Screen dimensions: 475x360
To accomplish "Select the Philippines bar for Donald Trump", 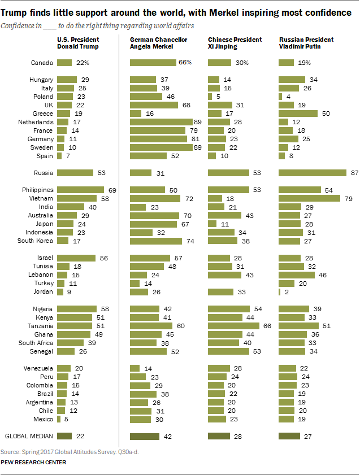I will pos(81,190).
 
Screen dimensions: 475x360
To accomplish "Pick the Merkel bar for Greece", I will pos(136,114).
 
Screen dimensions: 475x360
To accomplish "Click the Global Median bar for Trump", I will pos(65,436).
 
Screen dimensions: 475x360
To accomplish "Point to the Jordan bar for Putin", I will pos(280,292).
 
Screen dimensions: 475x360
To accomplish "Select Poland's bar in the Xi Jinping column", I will pos(210,97).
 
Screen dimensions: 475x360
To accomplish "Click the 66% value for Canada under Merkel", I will pos(184,63).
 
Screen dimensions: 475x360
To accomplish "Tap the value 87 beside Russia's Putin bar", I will pos(354,173).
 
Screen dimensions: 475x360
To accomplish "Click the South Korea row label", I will pos(36,241).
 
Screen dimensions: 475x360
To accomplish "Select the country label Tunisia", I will pos(44,267).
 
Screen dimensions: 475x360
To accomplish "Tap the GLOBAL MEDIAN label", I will pos(29,436).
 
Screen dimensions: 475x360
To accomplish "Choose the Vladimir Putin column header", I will pos(306,43).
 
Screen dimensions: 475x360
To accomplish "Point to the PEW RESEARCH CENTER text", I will pos(33,462).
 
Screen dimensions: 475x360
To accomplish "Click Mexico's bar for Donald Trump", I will pos(59,419).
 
